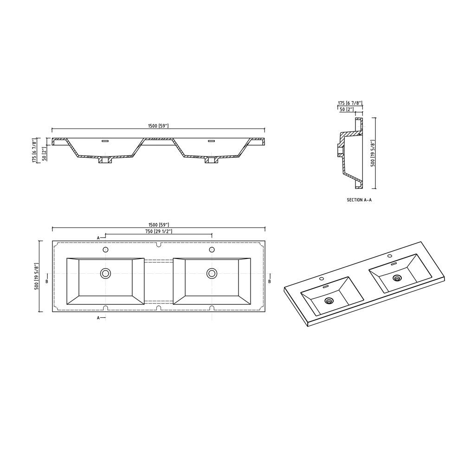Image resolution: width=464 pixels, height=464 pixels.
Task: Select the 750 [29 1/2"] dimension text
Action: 159,231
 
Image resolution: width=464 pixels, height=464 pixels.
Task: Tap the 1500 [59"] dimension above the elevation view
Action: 159,126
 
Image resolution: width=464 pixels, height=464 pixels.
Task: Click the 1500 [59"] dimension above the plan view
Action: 159,224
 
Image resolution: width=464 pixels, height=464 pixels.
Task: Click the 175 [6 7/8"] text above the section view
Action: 350,103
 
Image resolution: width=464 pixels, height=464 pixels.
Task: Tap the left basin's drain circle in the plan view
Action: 106,273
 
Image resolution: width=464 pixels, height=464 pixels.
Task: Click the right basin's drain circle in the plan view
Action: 212,273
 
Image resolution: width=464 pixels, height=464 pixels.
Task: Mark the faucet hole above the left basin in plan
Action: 106,250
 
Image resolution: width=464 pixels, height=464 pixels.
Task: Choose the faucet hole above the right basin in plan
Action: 212,250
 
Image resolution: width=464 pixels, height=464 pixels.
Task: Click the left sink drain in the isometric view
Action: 329,301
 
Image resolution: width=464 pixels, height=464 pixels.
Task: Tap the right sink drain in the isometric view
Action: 397,278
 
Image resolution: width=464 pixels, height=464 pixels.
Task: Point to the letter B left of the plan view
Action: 47,281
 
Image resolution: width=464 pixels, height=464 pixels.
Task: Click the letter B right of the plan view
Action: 270,281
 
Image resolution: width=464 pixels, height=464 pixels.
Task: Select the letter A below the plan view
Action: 98,318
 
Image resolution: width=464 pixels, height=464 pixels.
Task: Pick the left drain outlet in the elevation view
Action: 105,161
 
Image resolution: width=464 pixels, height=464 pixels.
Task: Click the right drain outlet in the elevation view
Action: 212,161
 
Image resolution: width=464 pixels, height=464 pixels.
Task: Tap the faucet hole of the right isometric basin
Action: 389,256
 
